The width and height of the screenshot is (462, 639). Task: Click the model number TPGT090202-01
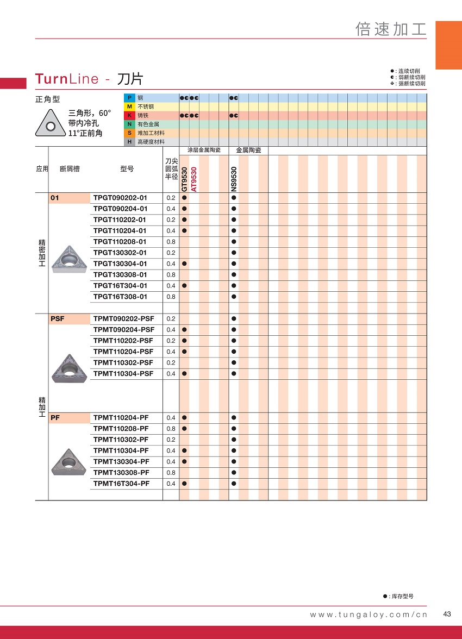point(120,198)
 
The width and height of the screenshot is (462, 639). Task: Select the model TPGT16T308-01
point(120,297)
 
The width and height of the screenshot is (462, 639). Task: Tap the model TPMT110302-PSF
point(123,362)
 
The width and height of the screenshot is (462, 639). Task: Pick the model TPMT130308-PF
point(121,473)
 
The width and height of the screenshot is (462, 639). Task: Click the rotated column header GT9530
point(184,179)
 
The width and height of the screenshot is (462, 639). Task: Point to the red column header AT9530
point(194,179)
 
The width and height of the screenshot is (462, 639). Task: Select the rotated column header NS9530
point(234,179)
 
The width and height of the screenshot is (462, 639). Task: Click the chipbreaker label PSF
point(57,319)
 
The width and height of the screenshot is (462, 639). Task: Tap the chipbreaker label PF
point(55,418)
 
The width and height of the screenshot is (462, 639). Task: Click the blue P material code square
point(129,98)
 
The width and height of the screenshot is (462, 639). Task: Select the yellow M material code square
point(129,106)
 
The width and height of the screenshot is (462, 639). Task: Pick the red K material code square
point(129,115)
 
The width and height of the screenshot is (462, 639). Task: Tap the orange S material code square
point(129,133)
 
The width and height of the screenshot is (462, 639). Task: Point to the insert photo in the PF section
point(68,462)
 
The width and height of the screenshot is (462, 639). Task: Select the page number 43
point(447,614)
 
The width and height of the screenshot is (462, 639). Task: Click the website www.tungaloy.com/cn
point(369,615)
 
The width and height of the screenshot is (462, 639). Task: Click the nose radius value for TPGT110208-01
point(171,242)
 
